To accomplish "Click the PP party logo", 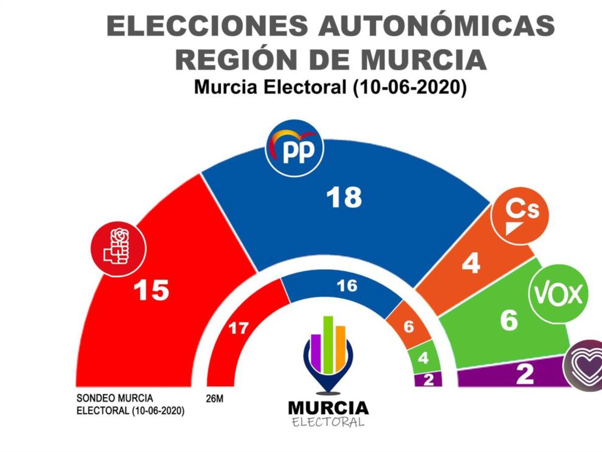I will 294,149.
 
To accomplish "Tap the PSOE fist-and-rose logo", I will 118,250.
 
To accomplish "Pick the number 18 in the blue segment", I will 344,197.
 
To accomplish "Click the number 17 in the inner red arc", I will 239,329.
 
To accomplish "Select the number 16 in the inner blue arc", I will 347,286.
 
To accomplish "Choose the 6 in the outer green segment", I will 509,320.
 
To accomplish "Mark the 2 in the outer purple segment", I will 525,375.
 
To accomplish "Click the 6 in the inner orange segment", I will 409,327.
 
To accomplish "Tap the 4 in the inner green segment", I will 423,359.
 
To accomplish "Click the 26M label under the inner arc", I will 215,400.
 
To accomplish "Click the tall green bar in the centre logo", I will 329,345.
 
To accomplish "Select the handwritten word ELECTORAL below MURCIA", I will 329,422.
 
